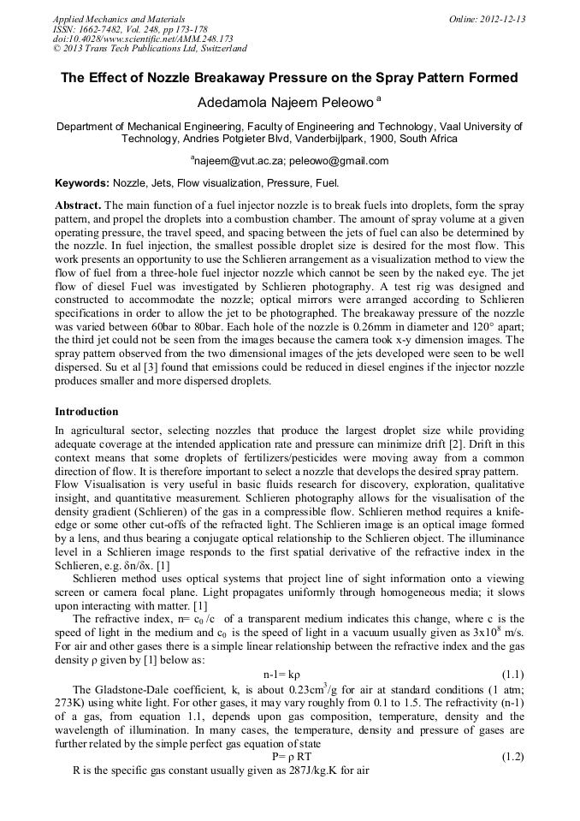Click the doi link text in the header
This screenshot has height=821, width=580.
point(143,39)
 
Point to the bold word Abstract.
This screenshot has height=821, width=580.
point(78,206)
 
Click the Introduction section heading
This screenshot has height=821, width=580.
point(86,412)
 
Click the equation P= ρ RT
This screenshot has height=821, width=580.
point(291,757)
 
